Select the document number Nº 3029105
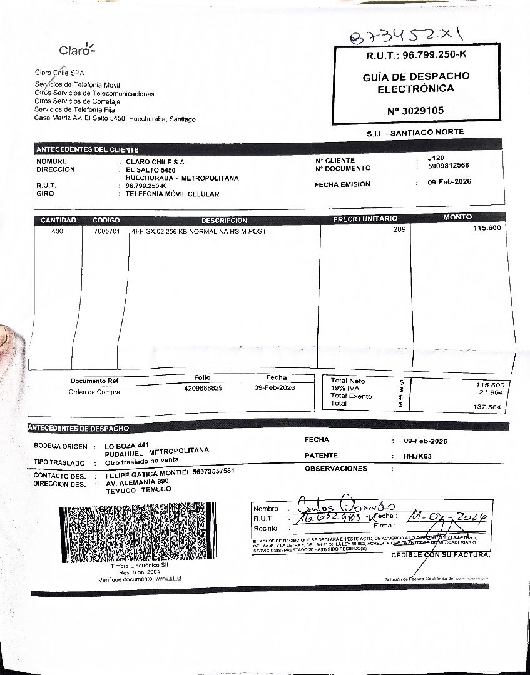pyautogui.click(x=415, y=111)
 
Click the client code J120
pyautogui.click(x=436, y=158)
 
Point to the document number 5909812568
pyautogui.click(x=449, y=166)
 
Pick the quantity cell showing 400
pyautogui.click(x=57, y=231)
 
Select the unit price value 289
pyautogui.click(x=399, y=229)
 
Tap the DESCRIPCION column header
pyautogui.click(x=224, y=221)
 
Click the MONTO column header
pyautogui.click(x=457, y=217)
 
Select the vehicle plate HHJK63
pyautogui.click(x=417, y=456)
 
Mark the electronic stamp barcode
pyautogui.click(x=139, y=533)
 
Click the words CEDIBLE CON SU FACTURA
pyautogui.click(x=441, y=555)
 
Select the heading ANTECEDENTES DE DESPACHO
pyautogui.click(x=78, y=428)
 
